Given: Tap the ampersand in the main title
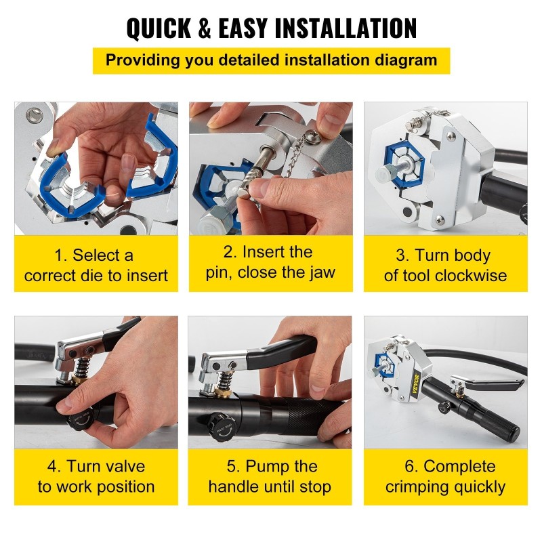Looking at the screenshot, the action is point(205,28).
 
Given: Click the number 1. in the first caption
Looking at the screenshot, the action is point(61,256).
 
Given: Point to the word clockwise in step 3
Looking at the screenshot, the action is point(471,276).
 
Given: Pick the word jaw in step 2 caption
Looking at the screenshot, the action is point(322,273).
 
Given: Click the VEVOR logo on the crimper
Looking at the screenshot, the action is point(415,384).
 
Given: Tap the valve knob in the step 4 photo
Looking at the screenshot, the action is point(81,421).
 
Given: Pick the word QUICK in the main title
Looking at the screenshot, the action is point(159,28).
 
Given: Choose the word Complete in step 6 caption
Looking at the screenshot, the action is point(459,467).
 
